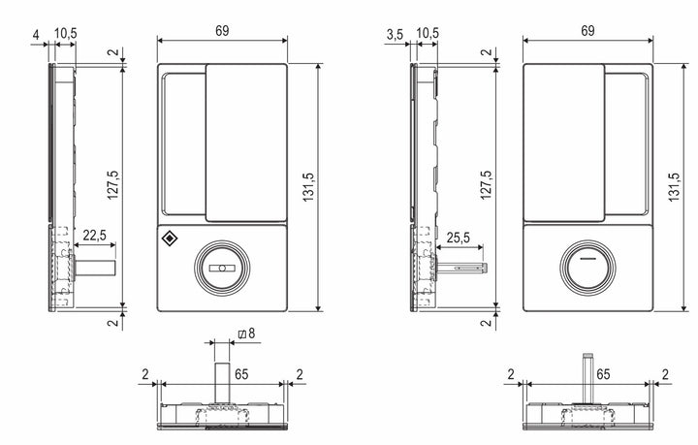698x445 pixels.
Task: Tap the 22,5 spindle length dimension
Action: pos(95,235)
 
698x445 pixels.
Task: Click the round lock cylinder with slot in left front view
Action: pos(221,269)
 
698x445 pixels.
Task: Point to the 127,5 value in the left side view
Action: pos(113,186)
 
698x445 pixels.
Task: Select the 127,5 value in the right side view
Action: pos(480,186)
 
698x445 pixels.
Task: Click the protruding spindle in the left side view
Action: pos(97,265)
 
